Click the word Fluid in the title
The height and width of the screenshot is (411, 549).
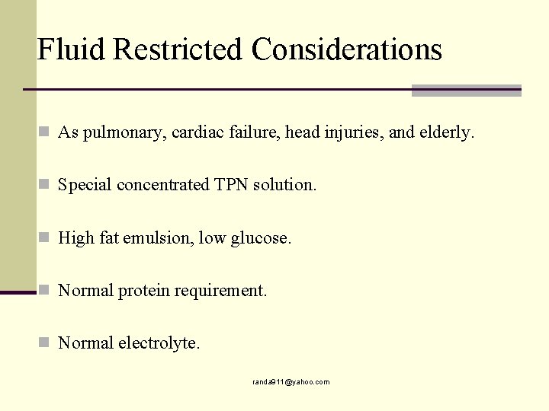click(x=71, y=49)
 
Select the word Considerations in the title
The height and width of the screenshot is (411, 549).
click(x=347, y=49)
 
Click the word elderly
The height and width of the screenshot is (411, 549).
click(x=446, y=132)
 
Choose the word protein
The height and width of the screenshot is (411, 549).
click(x=146, y=291)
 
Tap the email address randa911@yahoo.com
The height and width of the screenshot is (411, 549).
click(x=291, y=382)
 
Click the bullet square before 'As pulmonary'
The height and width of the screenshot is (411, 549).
click(x=45, y=132)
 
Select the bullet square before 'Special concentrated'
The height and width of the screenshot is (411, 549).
click(x=45, y=185)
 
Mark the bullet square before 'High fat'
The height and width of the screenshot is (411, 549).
click(x=45, y=238)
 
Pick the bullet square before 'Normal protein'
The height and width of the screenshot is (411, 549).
click(x=45, y=291)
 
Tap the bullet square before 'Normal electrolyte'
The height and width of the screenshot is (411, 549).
click(x=45, y=343)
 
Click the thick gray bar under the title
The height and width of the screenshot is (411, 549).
click(x=466, y=91)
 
